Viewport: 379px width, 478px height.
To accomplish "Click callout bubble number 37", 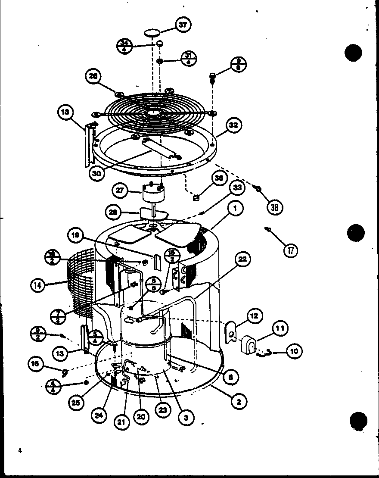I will [183, 25].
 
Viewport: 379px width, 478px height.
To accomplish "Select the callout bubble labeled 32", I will [233, 126].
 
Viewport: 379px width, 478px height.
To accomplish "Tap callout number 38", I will [274, 207].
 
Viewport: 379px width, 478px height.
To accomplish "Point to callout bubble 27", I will [120, 190].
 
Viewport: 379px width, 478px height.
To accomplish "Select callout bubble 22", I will [243, 259].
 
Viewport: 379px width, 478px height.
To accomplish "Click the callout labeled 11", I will [280, 329].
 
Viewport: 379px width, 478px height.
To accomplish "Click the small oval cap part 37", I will [152, 32].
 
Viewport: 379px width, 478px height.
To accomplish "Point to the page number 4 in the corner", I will [20, 450].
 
